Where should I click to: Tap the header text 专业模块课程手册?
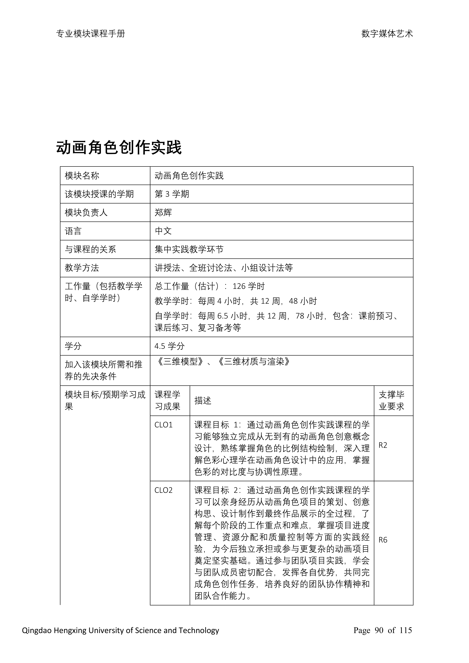click(90, 34)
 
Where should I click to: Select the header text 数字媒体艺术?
click(387, 34)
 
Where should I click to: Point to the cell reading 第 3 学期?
click(172, 194)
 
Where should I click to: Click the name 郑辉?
click(163, 212)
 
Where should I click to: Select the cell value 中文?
click(163, 231)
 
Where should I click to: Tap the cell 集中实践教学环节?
click(189, 250)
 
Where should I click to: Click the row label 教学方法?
click(82, 268)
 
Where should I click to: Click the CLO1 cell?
click(164, 425)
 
